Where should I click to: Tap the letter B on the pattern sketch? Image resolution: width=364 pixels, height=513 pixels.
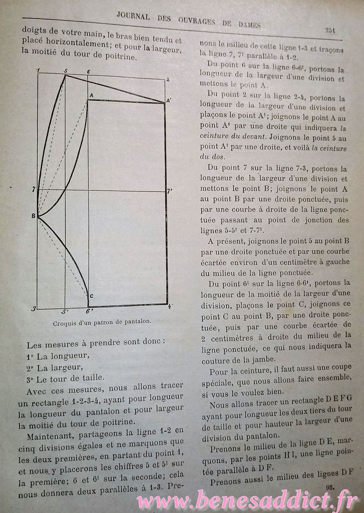pos(33,216)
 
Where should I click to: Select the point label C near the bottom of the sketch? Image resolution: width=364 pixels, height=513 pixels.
pos(91,295)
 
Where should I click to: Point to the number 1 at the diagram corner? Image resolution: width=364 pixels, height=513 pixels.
pos(38,70)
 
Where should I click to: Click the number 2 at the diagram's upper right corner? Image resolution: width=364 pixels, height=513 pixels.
pos(168,80)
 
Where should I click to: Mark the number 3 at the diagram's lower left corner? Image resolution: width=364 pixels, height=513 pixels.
pos(34,309)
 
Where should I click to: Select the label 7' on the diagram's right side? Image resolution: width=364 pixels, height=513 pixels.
pos(170,191)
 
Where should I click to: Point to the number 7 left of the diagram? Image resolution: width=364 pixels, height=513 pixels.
pos(33,190)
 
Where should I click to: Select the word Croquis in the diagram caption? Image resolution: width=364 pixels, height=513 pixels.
pos(64,323)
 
